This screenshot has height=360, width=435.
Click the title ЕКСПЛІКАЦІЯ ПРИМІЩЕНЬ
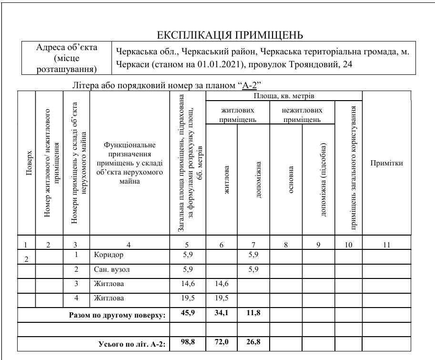[x=230, y=35]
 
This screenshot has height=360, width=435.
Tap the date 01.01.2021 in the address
[x=218, y=64]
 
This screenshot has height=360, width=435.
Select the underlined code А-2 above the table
[x=249, y=86]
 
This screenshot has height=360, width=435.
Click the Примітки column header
[x=386, y=163]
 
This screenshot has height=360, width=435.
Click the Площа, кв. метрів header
[x=283, y=96]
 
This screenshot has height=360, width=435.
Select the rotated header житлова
[x=227, y=180]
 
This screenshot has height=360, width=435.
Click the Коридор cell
[x=109, y=255]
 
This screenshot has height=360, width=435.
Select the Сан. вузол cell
[x=111, y=269]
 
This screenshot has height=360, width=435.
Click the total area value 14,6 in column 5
[x=188, y=284]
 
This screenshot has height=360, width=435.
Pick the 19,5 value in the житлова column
[x=222, y=298]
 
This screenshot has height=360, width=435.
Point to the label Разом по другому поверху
[x=117, y=315]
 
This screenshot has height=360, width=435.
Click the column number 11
[x=386, y=245]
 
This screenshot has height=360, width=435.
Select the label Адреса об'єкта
[x=67, y=48]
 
